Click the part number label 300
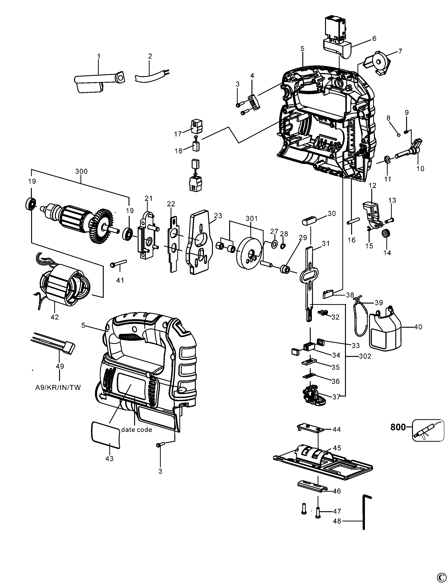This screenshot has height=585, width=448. point(81,171)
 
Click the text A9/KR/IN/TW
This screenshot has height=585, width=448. point(58,388)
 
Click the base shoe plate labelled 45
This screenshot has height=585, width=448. point(323,463)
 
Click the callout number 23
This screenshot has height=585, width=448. point(218,216)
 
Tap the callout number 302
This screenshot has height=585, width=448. point(365,356)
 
